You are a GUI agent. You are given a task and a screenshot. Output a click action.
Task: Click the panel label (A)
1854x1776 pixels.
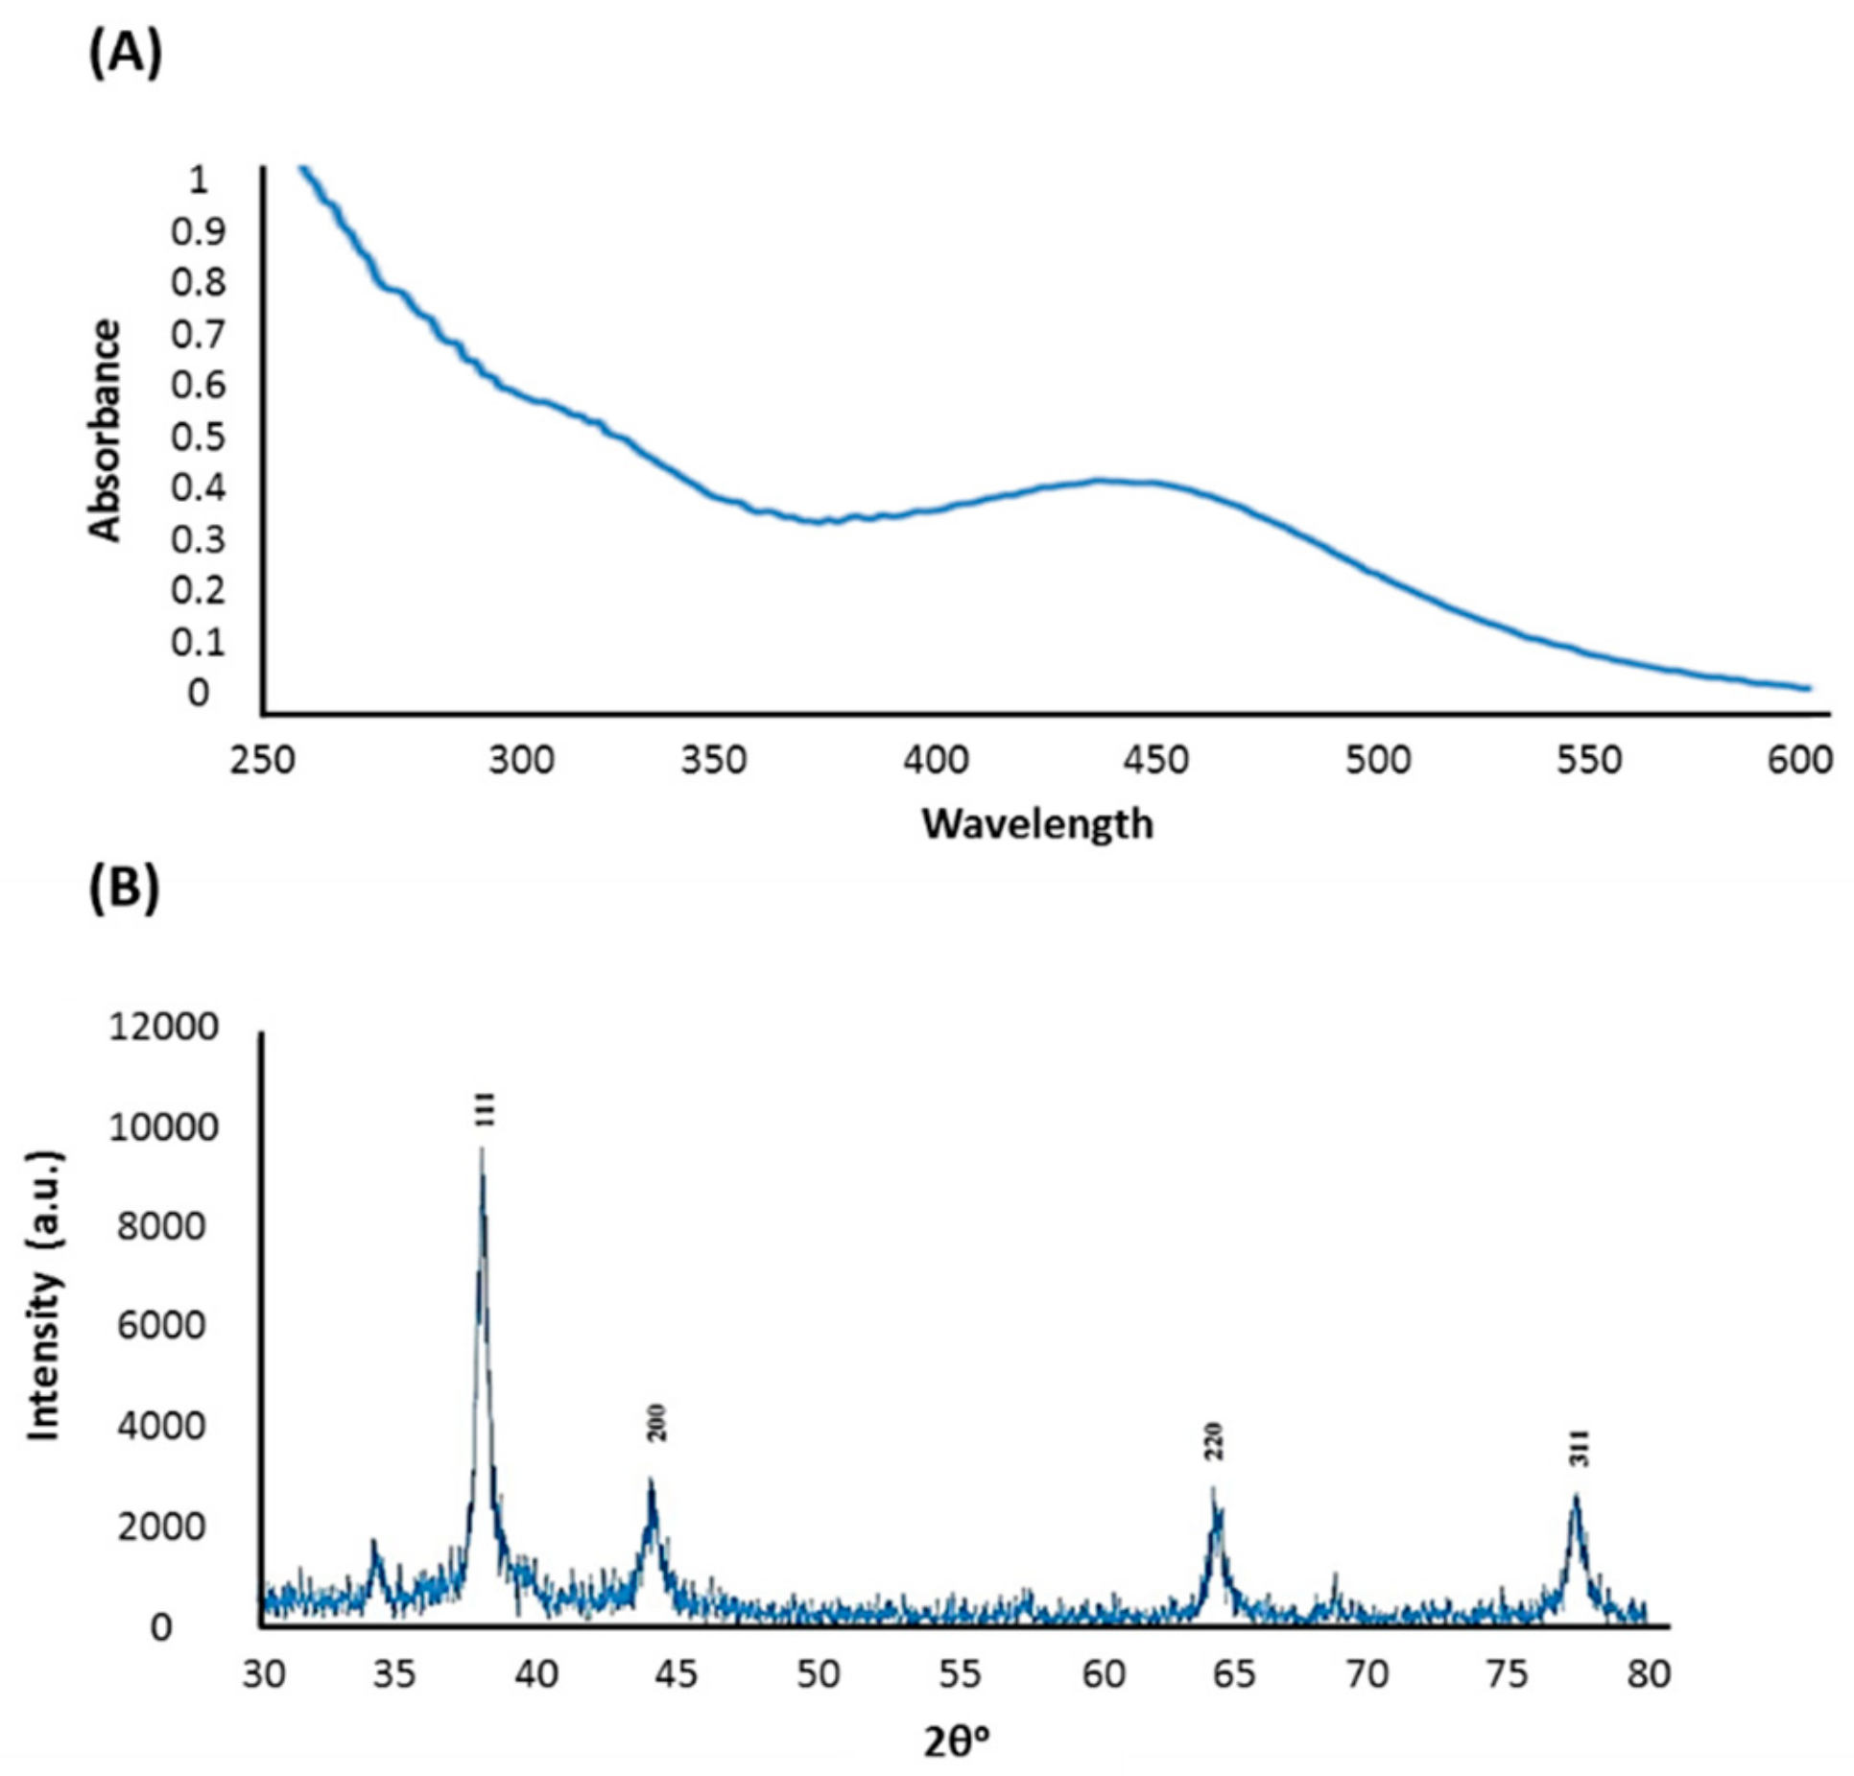(x=125, y=55)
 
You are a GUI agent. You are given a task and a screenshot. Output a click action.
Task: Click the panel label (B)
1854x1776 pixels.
(x=124, y=890)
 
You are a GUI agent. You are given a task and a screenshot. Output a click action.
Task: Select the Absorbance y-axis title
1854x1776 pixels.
(x=105, y=431)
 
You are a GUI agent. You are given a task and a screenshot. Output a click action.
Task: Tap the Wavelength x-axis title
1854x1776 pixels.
(x=1037, y=823)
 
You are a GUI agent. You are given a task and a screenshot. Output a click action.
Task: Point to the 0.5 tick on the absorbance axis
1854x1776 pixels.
(x=198, y=437)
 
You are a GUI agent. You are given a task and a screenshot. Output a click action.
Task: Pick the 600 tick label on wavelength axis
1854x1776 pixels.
(x=1799, y=760)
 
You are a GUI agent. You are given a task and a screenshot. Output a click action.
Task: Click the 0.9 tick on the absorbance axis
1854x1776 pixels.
(x=198, y=231)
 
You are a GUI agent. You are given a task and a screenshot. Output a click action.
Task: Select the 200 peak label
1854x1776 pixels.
(x=656, y=1423)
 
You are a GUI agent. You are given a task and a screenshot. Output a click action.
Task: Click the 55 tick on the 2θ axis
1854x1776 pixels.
(x=960, y=1674)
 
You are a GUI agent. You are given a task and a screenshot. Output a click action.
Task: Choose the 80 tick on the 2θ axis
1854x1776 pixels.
(x=1649, y=1674)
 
